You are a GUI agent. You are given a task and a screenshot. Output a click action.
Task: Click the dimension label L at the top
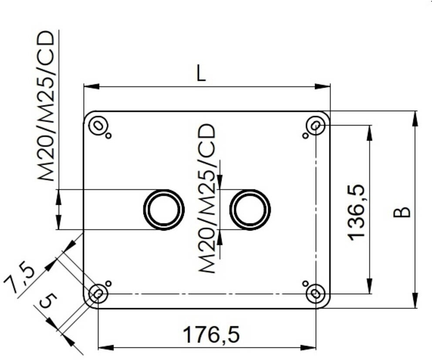tap(201, 74)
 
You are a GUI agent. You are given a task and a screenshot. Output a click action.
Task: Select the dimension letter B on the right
tap(402, 212)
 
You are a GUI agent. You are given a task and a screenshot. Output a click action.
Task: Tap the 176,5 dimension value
tap(211, 335)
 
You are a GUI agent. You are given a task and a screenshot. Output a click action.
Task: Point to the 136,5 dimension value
tap(356, 213)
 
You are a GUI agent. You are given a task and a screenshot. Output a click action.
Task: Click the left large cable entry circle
tap(164, 210)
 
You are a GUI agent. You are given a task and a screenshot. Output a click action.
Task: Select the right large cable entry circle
tap(250, 210)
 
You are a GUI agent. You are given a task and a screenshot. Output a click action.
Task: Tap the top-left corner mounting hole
tap(98, 126)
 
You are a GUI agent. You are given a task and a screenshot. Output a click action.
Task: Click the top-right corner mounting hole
tap(316, 126)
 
